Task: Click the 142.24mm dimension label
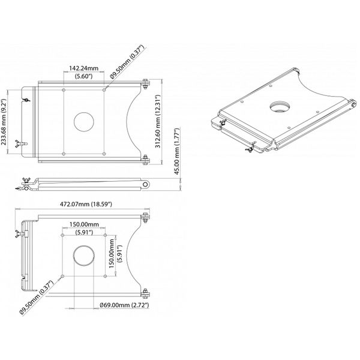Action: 84,68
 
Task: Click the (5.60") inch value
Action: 84,76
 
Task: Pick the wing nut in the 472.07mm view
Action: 19,231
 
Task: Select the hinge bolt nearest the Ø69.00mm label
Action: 145,294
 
